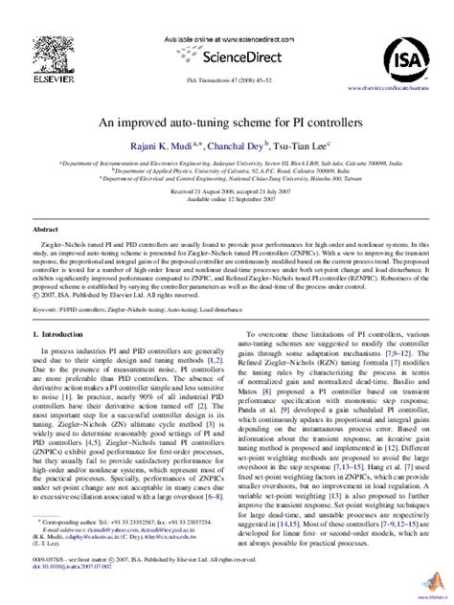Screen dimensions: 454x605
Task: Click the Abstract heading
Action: (46, 230)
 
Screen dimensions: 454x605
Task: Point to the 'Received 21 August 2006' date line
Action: (226, 190)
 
